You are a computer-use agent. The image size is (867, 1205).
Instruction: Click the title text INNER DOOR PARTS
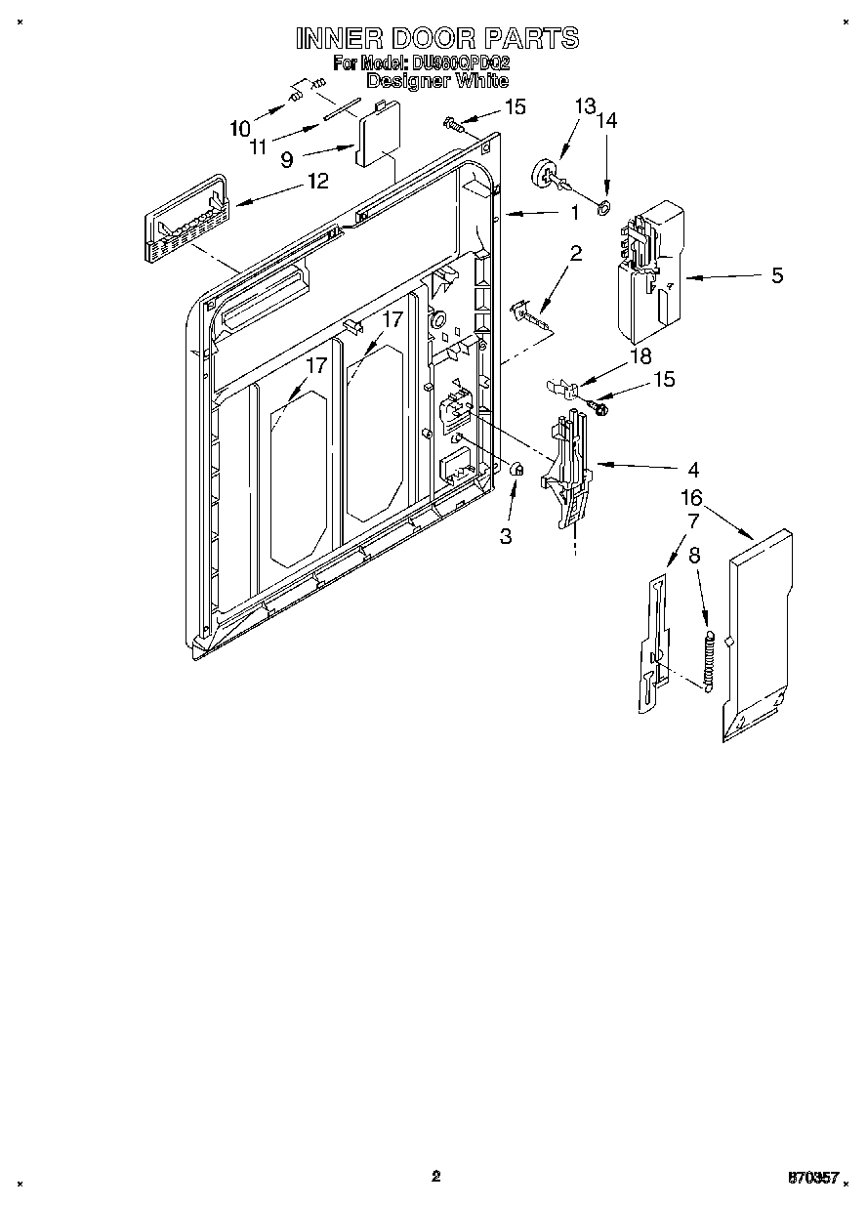(436, 38)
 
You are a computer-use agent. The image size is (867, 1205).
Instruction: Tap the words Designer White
(436, 81)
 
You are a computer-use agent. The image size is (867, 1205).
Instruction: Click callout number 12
(316, 181)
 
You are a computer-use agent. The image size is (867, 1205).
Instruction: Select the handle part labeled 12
(186, 222)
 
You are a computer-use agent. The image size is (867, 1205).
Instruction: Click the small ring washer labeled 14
(603, 207)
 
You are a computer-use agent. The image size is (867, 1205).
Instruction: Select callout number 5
(777, 275)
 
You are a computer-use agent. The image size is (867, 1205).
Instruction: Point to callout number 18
(640, 356)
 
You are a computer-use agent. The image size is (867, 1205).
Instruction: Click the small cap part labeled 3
(518, 472)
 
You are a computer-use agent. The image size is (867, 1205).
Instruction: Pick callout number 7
(693, 522)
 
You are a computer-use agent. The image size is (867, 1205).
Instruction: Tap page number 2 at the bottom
(436, 1176)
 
